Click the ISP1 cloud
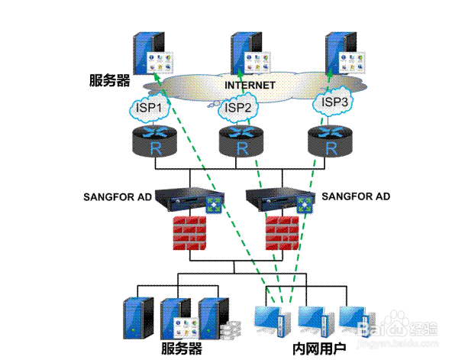[149, 108]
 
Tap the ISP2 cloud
[237, 108]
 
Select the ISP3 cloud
[334, 102]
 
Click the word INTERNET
[250, 85]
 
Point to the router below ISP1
[154, 141]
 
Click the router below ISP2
[241, 141]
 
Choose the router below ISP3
[330, 141]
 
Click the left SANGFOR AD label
[118, 196]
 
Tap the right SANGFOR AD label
[356, 196]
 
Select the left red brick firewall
[189, 233]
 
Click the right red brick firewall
[282, 233]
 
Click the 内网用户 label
[319, 349]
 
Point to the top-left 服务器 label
[110, 80]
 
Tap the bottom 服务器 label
[182, 348]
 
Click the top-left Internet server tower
[153, 54]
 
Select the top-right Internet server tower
[345, 54]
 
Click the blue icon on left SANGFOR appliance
[214, 205]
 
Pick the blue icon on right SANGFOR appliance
[305, 205]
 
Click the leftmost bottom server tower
[138, 318]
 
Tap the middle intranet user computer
[314, 321]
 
